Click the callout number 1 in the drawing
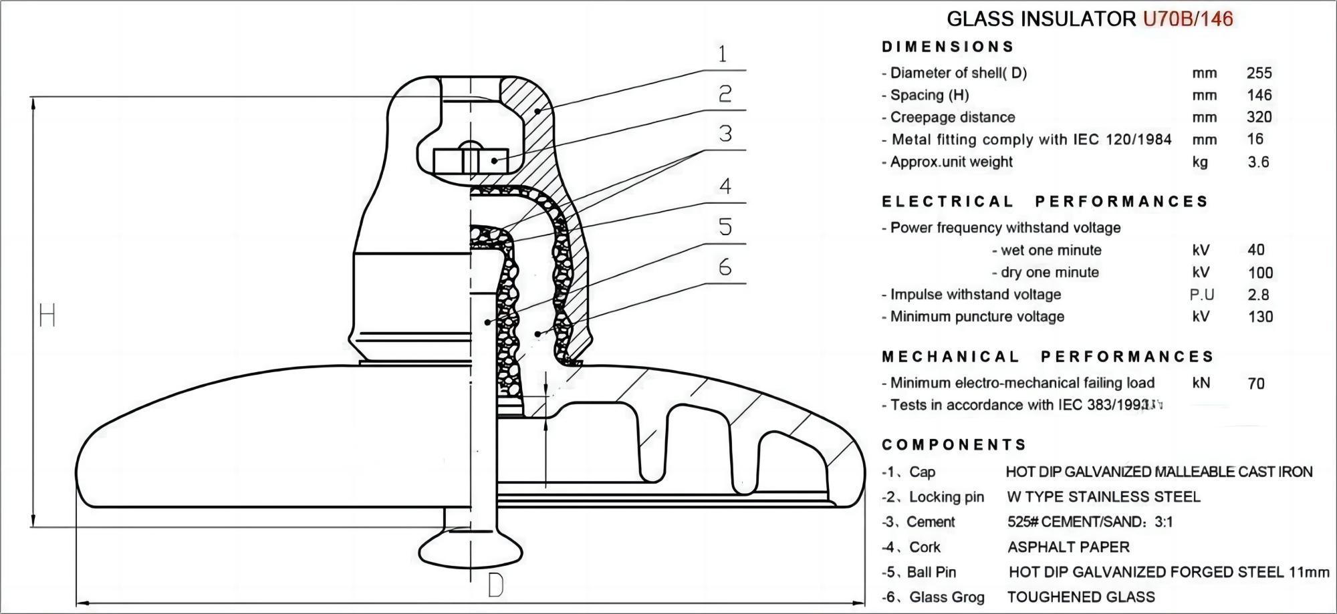pyautogui.click(x=722, y=53)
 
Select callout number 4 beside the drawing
pyautogui.click(x=725, y=186)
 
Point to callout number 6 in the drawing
pyautogui.click(x=725, y=267)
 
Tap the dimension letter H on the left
pyautogui.click(x=47, y=315)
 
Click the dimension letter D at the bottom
pyautogui.click(x=495, y=585)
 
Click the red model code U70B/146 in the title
pyautogui.click(x=1188, y=19)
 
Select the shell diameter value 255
pyautogui.click(x=1259, y=73)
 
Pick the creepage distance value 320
pyautogui.click(x=1259, y=117)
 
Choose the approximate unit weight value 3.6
pyautogui.click(x=1258, y=162)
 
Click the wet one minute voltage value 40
pyautogui.click(x=1256, y=250)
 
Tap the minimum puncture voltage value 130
pyautogui.click(x=1261, y=317)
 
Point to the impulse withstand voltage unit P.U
pyautogui.click(x=1202, y=295)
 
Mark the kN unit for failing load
pyautogui.click(x=1201, y=383)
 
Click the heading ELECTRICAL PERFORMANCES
pyautogui.click(x=1045, y=202)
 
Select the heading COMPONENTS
pyautogui.click(x=954, y=445)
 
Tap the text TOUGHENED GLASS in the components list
pyautogui.click(x=1081, y=597)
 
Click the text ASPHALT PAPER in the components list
pyautogui.click(x=1068, y=547)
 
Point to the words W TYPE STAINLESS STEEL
pyautogui.click(x=1104, y=497)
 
